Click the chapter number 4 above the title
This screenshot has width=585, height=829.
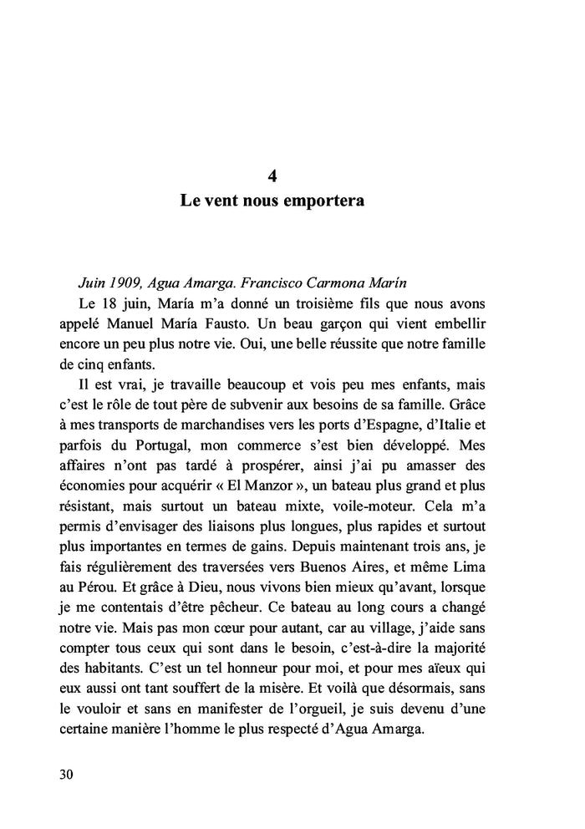[x=272, y=176]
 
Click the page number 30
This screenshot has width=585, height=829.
[x=67, y=774]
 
